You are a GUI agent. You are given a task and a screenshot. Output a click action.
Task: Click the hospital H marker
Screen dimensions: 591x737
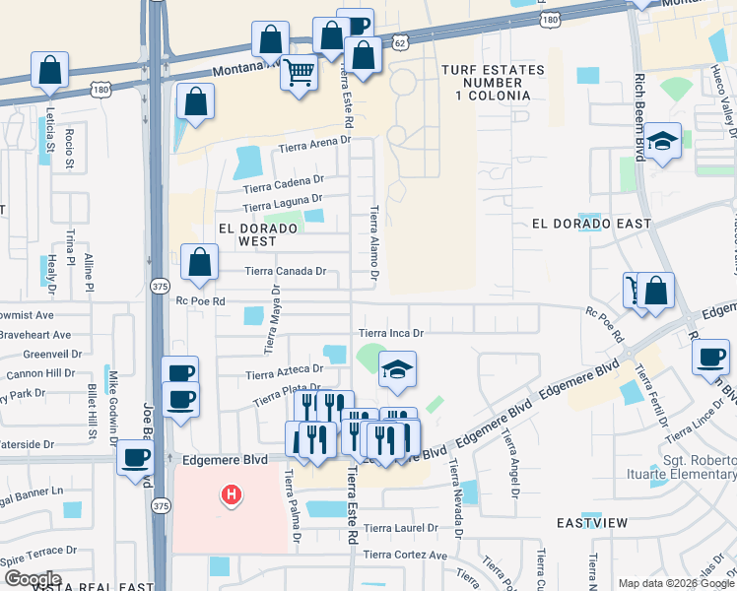(231, 493)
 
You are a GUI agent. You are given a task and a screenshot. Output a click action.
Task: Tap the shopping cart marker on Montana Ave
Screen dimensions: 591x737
(299, 73)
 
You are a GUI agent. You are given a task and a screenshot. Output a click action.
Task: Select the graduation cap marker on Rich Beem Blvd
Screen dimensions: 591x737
(663, 141)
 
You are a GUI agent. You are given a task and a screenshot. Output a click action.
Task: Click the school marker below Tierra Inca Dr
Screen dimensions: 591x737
(397, 369)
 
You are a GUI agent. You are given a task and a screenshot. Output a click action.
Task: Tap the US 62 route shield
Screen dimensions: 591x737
(398, 43)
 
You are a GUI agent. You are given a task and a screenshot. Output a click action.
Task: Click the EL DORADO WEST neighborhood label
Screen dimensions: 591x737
(258, 234)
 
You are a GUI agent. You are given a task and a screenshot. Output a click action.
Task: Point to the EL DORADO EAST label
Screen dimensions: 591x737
(591, 224)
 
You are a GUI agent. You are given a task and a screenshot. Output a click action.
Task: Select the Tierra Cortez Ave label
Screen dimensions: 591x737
(405, 556)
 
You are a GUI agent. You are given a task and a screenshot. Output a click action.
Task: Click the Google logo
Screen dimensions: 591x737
(33, 579)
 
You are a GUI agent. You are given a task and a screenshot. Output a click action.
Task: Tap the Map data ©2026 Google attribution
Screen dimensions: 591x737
(675, 583)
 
